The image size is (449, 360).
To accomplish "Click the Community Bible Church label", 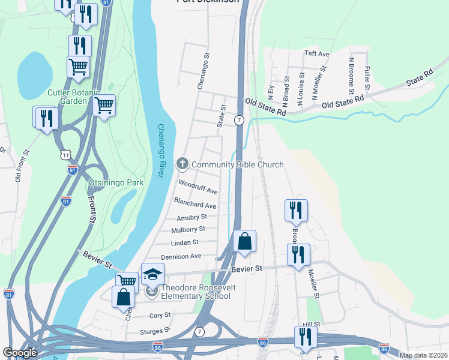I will pos(238,164).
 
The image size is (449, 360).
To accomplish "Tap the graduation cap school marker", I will pos(152,275).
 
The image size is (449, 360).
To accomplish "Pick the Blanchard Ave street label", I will pos(194,203).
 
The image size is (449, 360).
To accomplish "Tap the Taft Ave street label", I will pos(317,54).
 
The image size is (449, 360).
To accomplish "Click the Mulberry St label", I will pos(188,229).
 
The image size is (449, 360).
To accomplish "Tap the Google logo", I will pos(20,353).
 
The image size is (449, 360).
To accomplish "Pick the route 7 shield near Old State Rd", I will pos(239,120).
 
